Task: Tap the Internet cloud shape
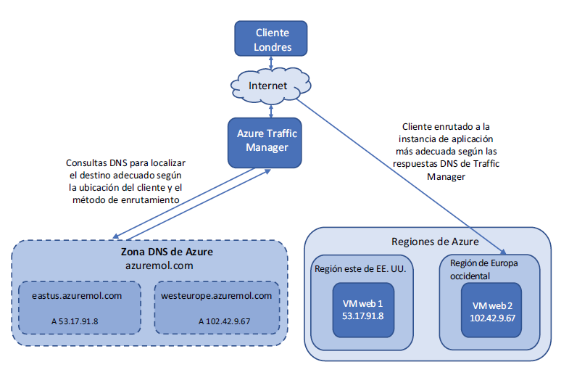click(269, 86)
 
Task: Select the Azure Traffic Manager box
click(267, 140)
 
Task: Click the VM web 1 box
click(363, 310)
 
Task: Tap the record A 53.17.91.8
click(75, 321)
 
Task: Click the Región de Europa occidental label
click(483, 269)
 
